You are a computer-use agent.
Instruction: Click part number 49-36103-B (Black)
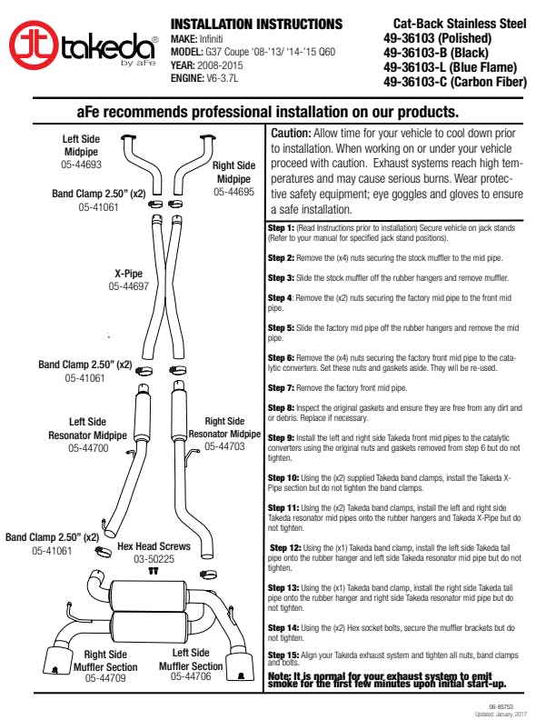click(432, 53)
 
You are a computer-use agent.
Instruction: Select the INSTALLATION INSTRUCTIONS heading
click(256, 24)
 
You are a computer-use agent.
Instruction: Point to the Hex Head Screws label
click(154, 547)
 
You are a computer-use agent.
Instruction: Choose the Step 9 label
click(282, 438)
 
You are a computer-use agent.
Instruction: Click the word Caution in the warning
click(293, 133)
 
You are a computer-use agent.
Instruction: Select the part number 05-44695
click(233, 192)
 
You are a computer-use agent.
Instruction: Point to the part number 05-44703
click(223, 446)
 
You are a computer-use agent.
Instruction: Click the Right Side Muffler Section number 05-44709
click(105, 677)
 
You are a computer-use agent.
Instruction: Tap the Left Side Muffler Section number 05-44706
click(192, 676)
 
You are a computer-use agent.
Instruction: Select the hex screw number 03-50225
click(154, 559)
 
